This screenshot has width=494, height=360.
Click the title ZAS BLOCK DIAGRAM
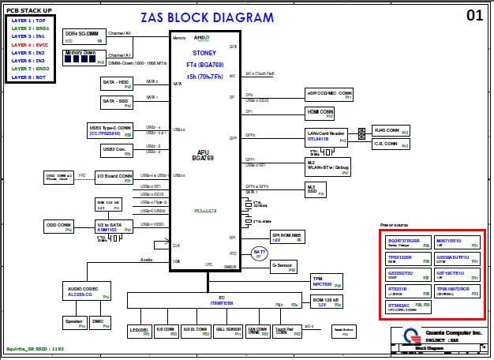208,17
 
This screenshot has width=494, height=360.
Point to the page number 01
473,15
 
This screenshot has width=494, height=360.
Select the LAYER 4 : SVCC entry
30,44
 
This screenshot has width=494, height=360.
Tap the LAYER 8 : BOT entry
30,77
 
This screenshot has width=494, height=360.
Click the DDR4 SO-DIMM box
84,36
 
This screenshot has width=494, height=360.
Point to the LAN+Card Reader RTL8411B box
326,136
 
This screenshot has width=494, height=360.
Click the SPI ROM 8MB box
287,236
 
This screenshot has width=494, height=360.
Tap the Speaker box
75,322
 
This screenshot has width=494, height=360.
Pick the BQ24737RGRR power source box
408,242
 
